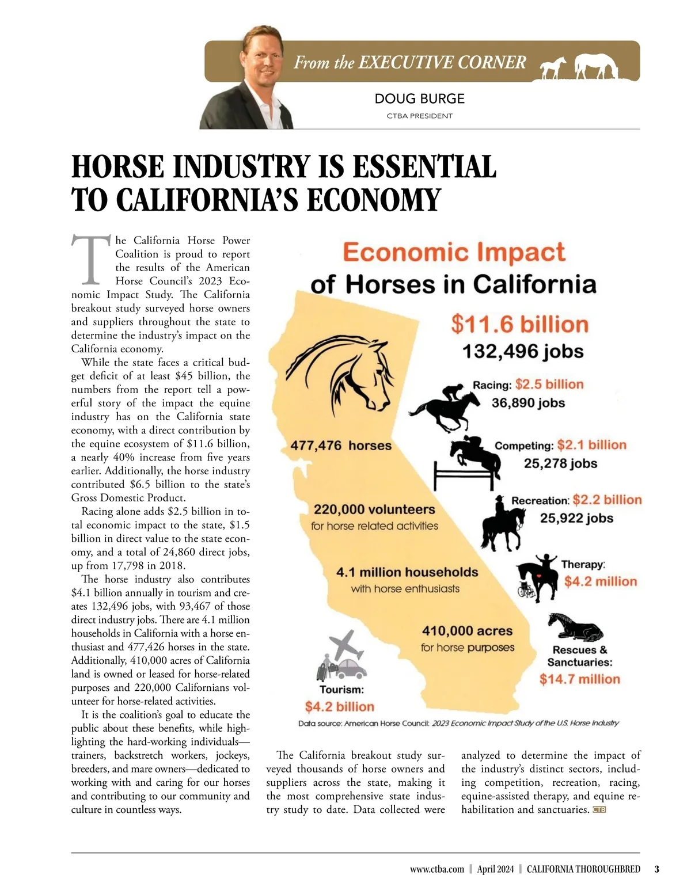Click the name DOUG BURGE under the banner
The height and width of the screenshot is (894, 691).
(419, 98)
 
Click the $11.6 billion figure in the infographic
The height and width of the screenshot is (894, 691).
(519, 325)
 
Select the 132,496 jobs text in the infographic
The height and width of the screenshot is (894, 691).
(523, 351)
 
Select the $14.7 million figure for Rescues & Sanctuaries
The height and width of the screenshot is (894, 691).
(579, 679)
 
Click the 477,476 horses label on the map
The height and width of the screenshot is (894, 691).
(340, 446)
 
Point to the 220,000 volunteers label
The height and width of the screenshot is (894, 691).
(374, 510)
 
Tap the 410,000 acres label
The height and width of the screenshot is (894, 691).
(467, 631)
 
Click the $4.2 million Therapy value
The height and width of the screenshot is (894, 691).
(600, 581)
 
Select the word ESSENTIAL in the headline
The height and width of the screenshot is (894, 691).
(424, 167)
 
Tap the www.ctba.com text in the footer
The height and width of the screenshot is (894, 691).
(436, 869)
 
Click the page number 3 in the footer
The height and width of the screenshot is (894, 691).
(656, 869)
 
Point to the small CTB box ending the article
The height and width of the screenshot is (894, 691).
(599, 810)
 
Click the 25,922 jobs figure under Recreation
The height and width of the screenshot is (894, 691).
(576, 518)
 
